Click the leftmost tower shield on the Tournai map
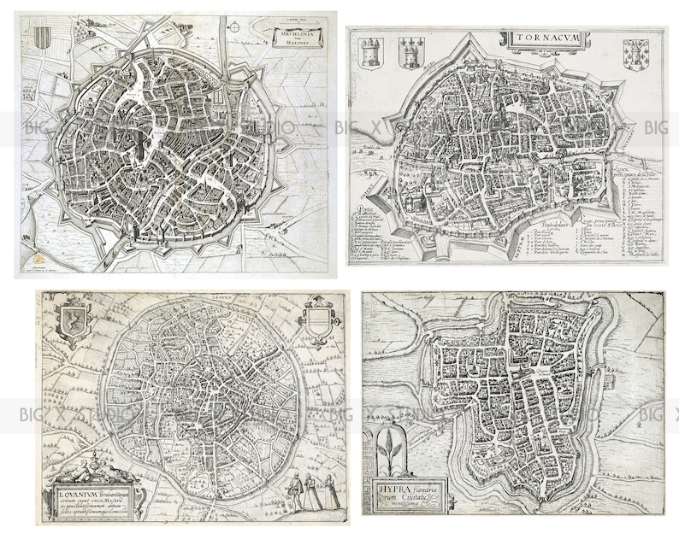pyautogui.click(x=371, y=52)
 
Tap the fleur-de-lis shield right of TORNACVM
pyautogui.click(x=635, y=54)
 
